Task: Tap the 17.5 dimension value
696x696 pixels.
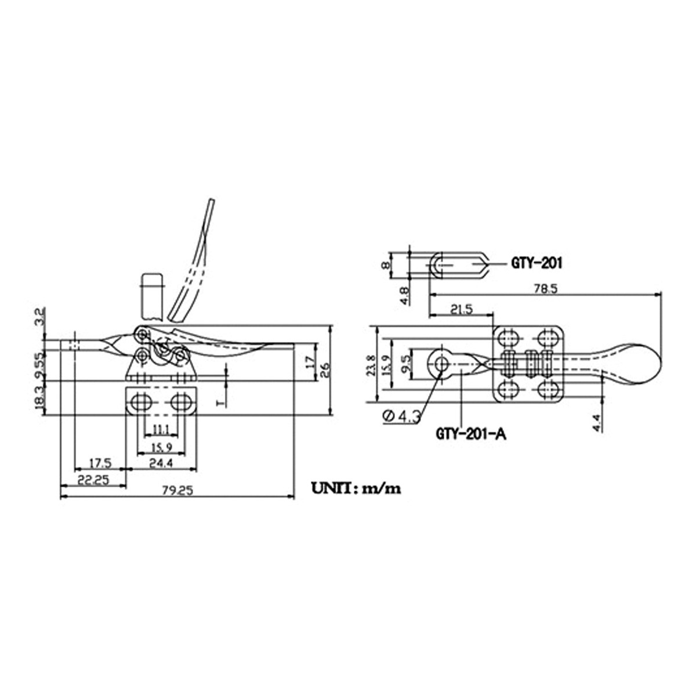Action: coord(100,463)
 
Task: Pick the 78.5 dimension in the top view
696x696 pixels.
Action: coord(545,288)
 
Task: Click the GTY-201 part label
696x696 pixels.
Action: coord(536,263)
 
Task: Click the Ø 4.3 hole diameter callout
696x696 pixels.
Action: coord(402,415)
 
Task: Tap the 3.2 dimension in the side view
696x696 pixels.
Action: coord(39,317)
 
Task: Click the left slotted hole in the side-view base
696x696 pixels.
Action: coord(140,401)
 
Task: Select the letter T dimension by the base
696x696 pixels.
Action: coord(220,401)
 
